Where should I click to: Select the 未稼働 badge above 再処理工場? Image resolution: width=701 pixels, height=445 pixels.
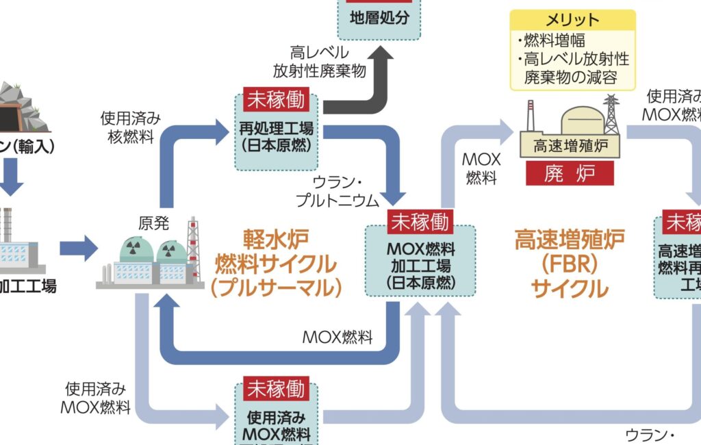click(275, 101)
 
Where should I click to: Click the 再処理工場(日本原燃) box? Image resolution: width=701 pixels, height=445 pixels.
click(277, 136)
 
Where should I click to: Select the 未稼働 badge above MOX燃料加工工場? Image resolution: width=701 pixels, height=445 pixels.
click(420, 221)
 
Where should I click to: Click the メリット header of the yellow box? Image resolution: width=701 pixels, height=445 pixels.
click(572, 21)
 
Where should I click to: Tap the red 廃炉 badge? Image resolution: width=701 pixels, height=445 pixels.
click(570, 173)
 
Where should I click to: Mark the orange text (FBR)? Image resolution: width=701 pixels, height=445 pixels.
click(561, 263)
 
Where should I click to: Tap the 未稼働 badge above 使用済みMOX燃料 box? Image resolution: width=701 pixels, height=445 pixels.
click(276, 389)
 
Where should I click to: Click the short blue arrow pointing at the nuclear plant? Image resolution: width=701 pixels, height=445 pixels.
click(79, 246)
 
